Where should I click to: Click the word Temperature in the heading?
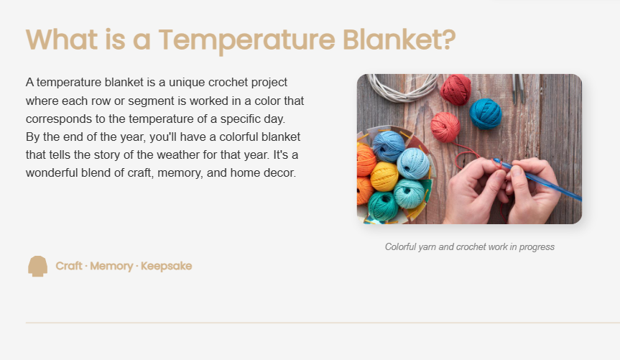pos(246,40)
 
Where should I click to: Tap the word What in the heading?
pos(62,40)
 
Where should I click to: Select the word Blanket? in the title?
pos(399,40)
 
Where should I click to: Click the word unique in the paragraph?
pos(187,83)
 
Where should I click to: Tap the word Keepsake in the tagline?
pos(166,267)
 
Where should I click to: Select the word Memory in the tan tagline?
pos(111,267)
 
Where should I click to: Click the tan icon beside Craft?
pos(37,267)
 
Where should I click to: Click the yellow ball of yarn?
pos(384,177)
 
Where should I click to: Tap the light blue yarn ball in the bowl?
pos(413,163)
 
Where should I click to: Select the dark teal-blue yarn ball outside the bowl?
pos(486,114)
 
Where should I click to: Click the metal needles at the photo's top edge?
pos(518,88)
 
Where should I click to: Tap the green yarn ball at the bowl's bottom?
pos(383,206)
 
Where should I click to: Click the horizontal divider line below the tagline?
pos(323,323)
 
